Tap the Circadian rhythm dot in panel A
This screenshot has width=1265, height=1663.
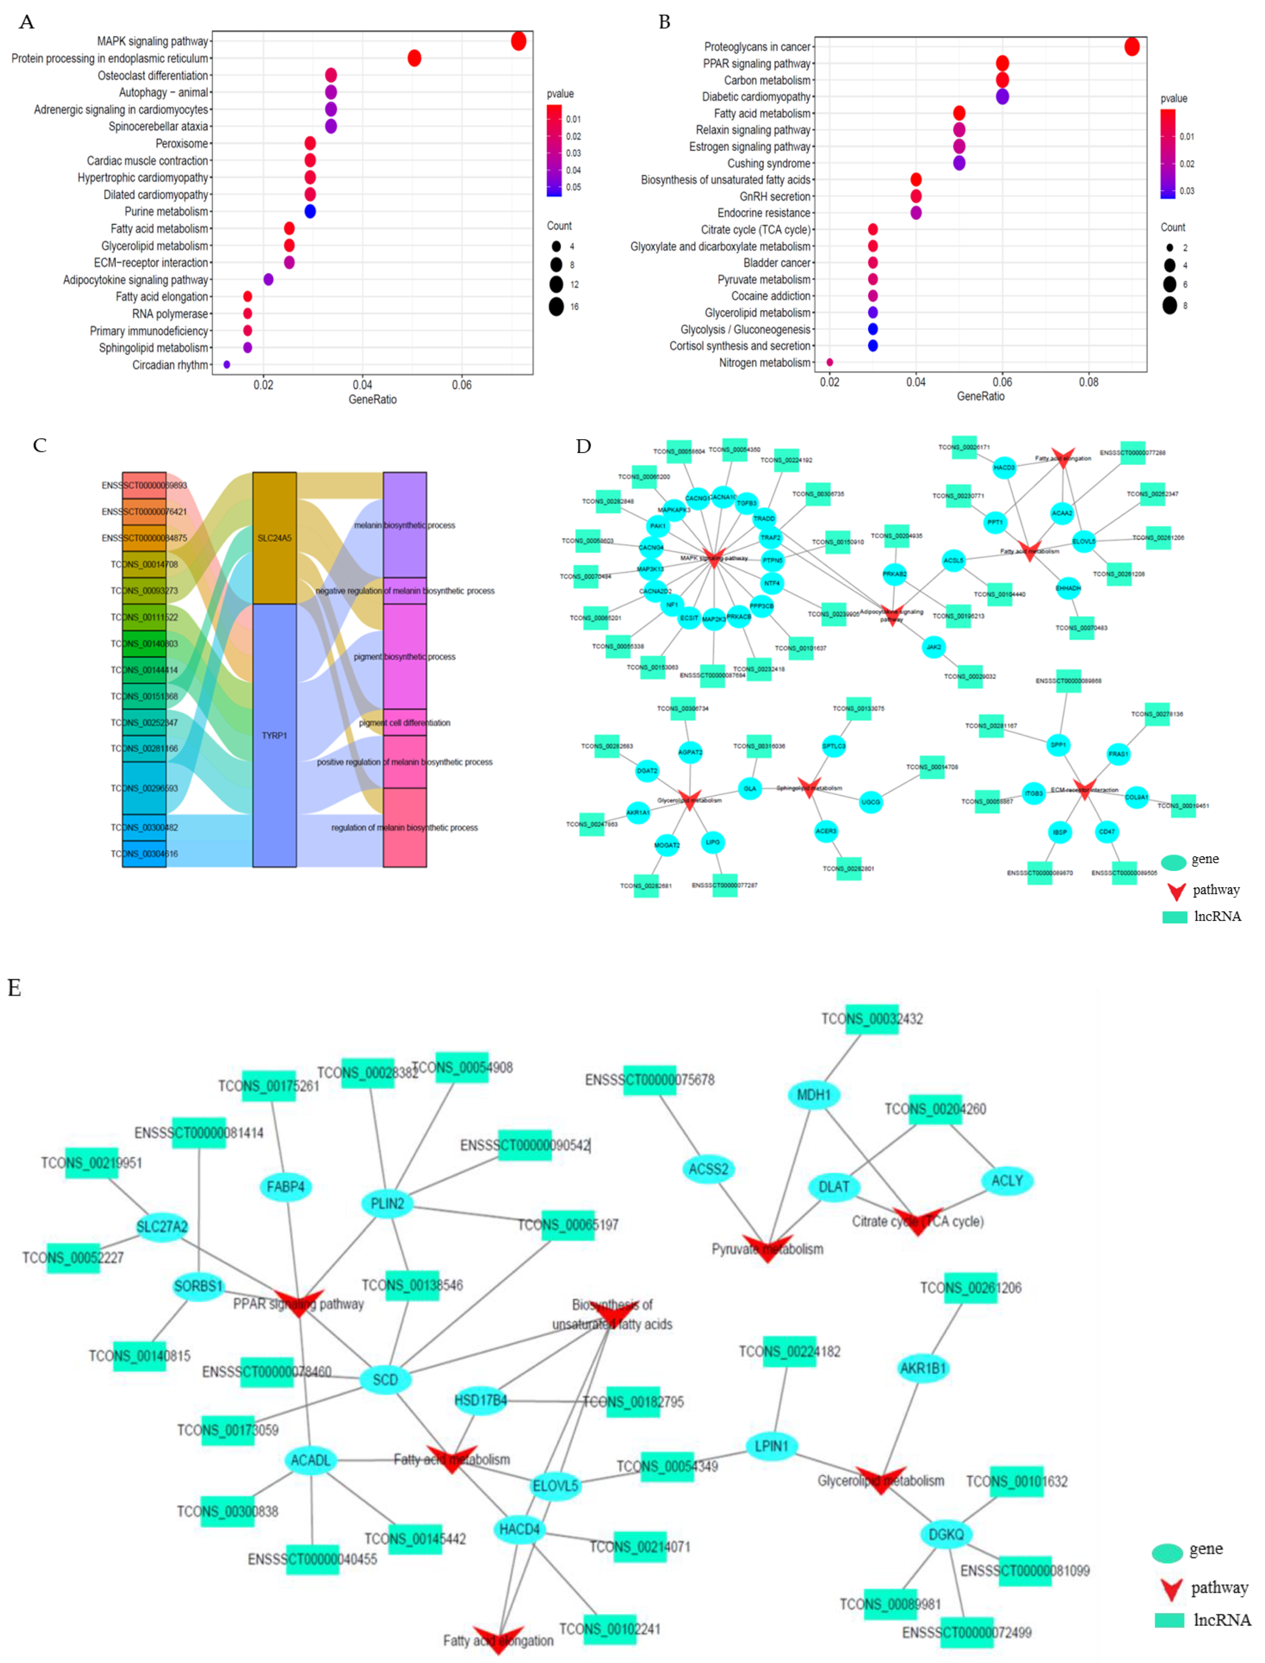click(x=227, y=365)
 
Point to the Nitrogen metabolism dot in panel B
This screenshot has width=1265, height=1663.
click(x=830, y=362)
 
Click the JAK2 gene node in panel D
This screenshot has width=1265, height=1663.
click(x=934, y=647)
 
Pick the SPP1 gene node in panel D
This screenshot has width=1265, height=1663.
click(x=1058, y=745)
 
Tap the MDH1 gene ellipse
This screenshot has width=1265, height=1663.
click(x=813, y=1094)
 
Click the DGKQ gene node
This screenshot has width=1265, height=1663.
click(x=946, y=1534)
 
